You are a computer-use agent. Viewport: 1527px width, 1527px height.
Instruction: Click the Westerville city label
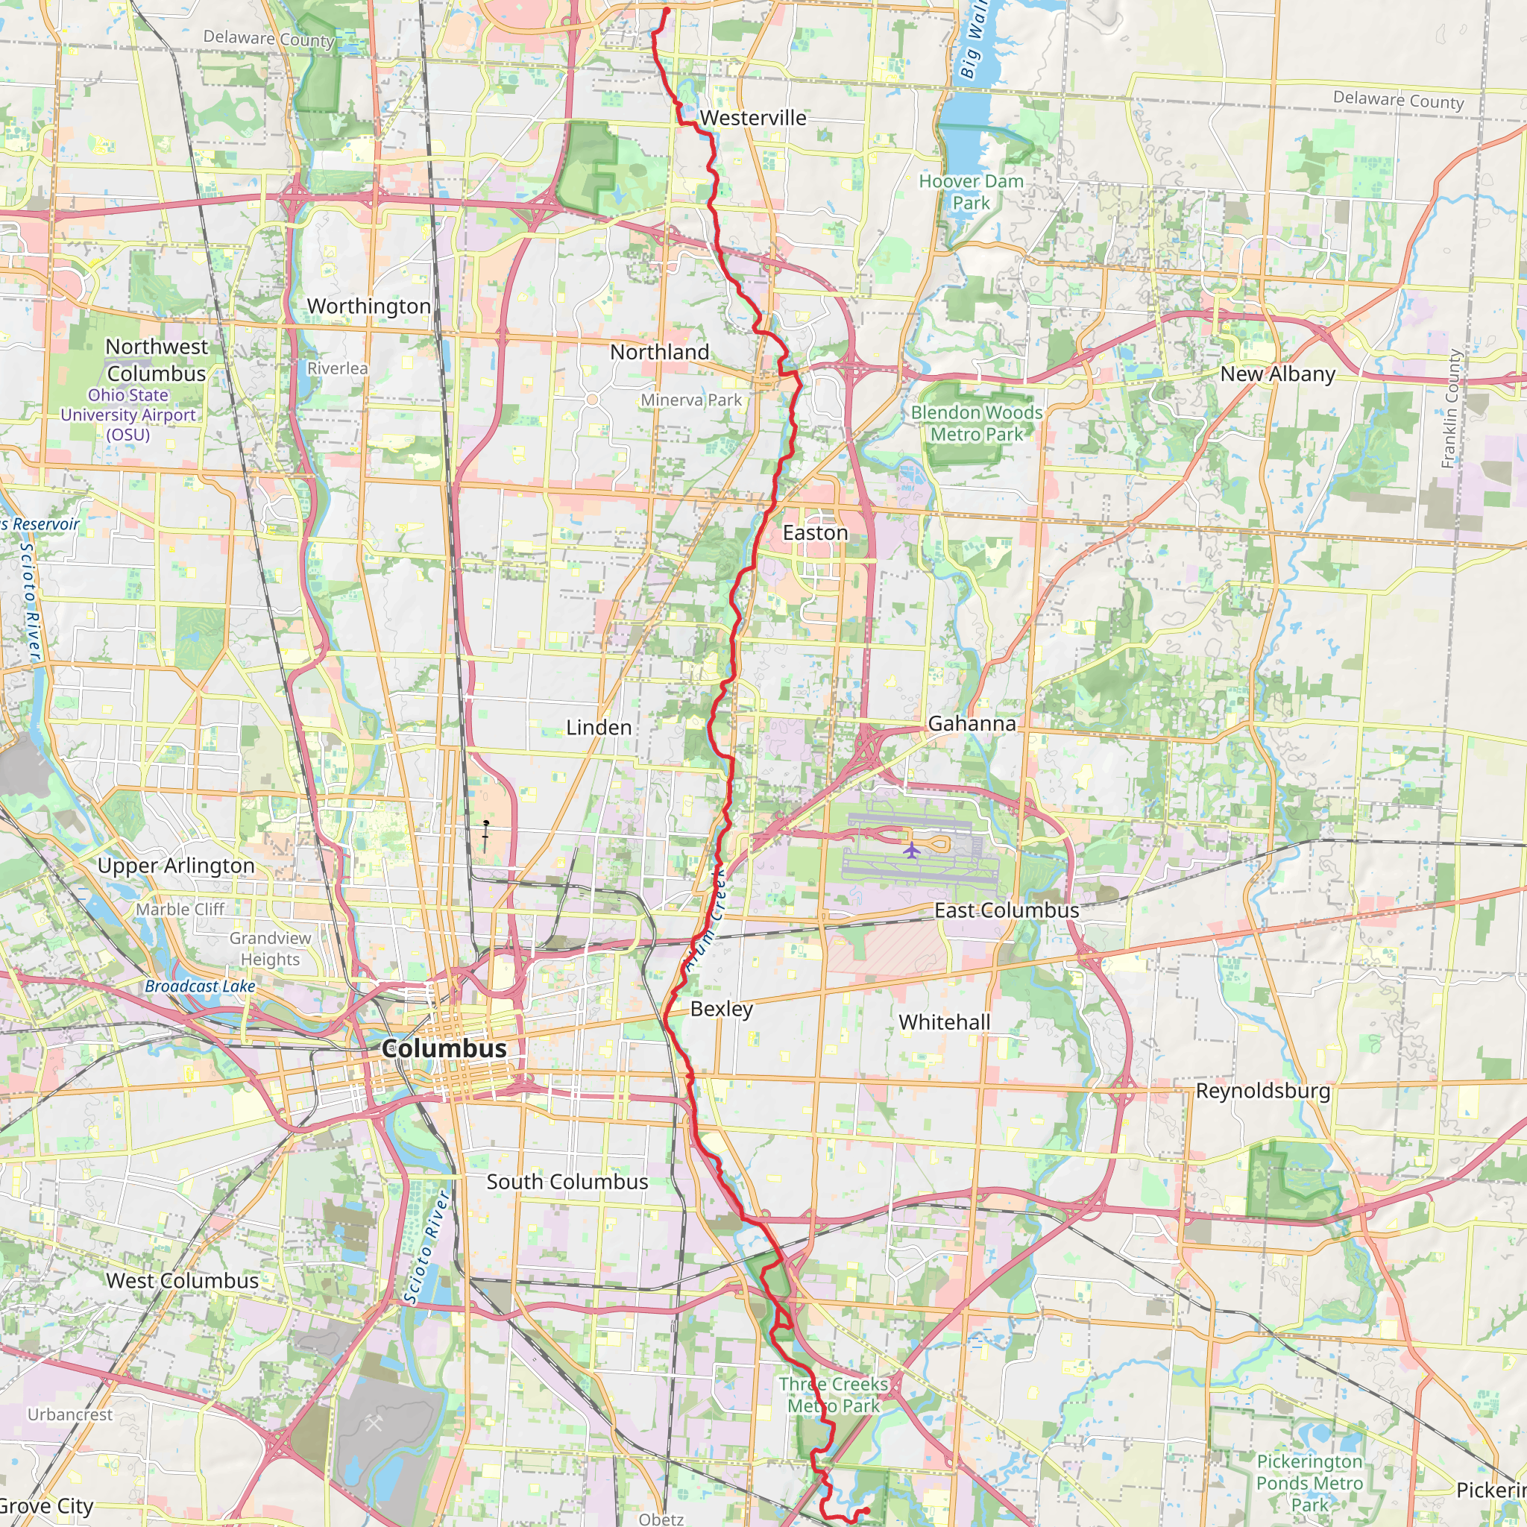coord(752,118)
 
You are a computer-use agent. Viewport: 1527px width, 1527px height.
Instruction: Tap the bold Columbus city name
coord(444,1048)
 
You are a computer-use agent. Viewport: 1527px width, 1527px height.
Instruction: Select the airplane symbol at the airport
coord(911,851)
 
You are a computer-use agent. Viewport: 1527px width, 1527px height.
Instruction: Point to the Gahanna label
coord(972,723)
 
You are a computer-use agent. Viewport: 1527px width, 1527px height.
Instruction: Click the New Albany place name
coord(1277,374)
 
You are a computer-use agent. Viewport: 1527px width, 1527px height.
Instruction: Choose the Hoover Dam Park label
coord(971,192)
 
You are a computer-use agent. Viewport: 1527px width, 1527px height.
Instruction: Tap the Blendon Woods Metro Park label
coord(976,423)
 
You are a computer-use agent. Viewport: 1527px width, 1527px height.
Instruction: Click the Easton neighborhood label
coord(815,532)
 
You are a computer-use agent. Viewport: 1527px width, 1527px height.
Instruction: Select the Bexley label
coord(721,1009)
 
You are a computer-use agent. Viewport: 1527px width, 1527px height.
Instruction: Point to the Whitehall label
coord(944,1022)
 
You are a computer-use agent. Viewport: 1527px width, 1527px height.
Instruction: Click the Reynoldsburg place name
coord(1262,1091)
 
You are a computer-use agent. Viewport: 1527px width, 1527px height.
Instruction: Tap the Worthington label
coord(368,306)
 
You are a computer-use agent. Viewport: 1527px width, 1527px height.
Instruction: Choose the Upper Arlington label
coord(175,866)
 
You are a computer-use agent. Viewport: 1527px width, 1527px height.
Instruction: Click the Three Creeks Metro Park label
coord(833,1395)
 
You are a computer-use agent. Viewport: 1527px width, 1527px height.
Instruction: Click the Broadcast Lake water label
coord(200,986)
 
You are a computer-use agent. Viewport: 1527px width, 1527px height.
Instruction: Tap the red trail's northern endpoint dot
coord(667,10)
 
